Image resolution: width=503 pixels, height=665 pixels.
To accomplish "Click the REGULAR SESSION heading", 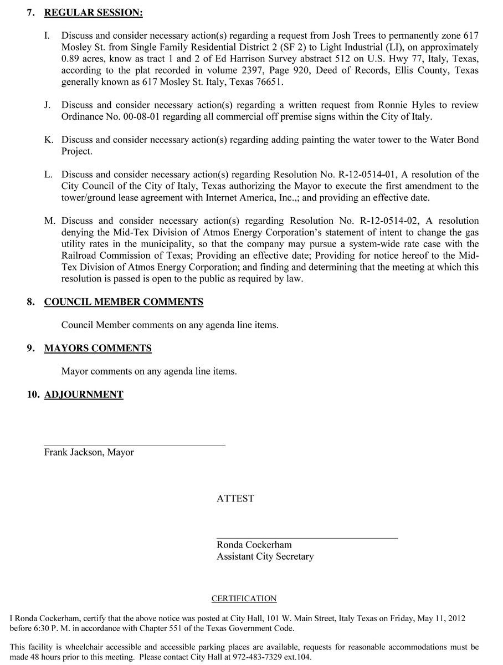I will point(93,12).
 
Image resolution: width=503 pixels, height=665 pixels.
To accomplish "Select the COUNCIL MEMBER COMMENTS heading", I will point(124,302).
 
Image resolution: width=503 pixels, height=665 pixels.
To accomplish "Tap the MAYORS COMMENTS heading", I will point(97,349).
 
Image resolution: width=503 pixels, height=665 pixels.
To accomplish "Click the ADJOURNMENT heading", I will point(84,395).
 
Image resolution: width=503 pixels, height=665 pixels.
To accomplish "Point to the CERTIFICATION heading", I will point(244,598).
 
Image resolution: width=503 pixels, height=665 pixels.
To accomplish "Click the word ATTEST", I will point(235,499).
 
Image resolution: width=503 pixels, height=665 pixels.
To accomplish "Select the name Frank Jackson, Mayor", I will point(89,452).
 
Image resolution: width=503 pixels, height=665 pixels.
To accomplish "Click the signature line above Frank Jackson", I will point(135,445).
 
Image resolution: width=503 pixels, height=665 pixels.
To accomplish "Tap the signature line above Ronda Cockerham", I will point(307,538).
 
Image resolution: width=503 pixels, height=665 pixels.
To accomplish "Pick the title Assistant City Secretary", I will point(265,556).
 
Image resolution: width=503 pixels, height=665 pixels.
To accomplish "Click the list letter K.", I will point(49,140).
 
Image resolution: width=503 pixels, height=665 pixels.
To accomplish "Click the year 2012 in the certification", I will point(456,618).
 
